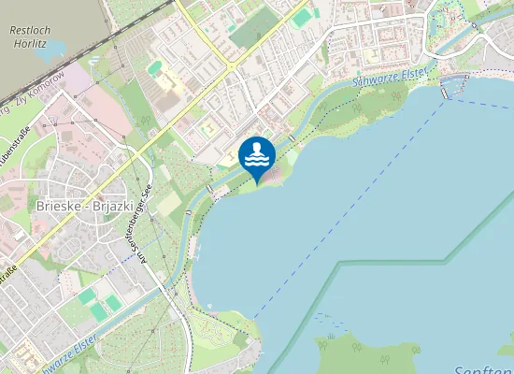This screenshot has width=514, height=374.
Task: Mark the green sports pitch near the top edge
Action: point(301,18)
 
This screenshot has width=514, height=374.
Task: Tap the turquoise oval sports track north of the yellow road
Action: point(154,67)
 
